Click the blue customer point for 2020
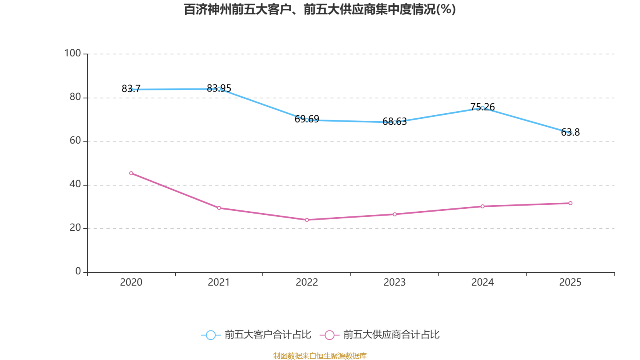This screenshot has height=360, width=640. [x=131, y=90]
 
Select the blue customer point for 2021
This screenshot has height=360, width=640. [x=219, y=89]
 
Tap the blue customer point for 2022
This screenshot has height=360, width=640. [x=307, y=120]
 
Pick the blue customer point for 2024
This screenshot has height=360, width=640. [x=482, y=108]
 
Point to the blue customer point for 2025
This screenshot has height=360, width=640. [x=570, y=133]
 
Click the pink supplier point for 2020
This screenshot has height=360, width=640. [x=131, y=173]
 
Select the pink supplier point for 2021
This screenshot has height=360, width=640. [x=219, y=208]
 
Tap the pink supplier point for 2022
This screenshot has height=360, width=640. [x=307, y=220]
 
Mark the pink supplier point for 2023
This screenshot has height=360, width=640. [x=395, y=214]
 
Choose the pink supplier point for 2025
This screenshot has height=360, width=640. [x=570, y=203]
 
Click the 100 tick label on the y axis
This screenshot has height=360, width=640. [x=72, y=53]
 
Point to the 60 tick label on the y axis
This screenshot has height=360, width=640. [x=75, y=140]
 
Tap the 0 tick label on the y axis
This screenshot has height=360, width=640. [x=78, y=271]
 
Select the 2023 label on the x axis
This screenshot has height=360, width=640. [x=394, y=282]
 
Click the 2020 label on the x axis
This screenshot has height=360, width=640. [x=131, y=282]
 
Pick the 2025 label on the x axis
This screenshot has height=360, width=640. [x=570, y=282]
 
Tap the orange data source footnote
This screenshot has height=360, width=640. [x=320, y=356]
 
